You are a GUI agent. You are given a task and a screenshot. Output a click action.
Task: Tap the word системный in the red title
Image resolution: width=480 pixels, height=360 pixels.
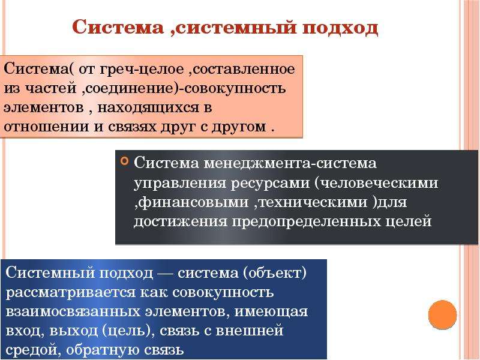pos(236,28)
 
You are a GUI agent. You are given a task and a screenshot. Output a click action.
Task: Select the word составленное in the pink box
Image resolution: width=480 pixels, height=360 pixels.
pos(244,69)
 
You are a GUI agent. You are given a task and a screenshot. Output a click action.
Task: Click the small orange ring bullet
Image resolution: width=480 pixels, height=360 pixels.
pos(125,161)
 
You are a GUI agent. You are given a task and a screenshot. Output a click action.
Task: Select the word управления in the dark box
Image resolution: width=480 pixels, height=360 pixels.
pos(179,184)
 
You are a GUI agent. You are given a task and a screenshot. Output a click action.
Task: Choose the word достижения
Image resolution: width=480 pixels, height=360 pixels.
pos(181,221)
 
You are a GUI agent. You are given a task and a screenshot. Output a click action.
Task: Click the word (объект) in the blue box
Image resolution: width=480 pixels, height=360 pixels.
pos(275,273)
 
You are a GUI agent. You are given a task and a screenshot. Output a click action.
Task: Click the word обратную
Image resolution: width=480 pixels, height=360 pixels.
pos(102,350)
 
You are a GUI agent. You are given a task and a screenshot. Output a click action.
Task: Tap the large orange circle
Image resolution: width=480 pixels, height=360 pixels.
pos(442,314)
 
